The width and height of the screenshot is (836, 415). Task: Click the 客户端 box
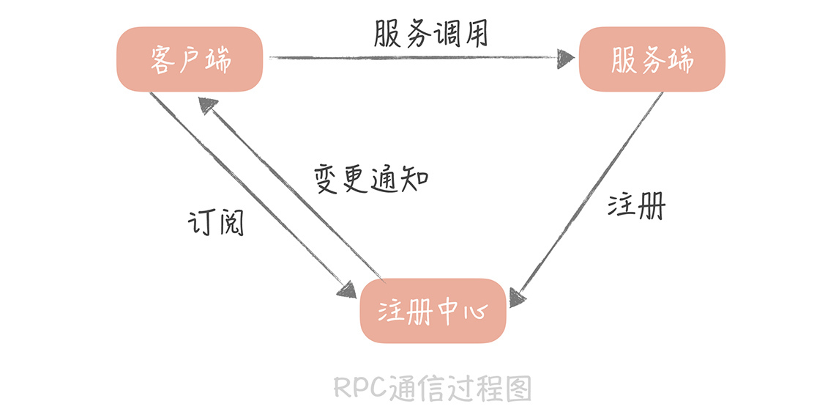[x=190, y=59]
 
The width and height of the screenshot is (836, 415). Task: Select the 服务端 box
[x=652, y=59]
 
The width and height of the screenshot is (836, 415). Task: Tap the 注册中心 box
[x=432, y=311]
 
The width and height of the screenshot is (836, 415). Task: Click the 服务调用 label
[x=430, y=33]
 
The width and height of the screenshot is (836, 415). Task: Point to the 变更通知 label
[x=371, y=178]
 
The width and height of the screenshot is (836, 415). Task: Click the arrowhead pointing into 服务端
[x=565, y=57]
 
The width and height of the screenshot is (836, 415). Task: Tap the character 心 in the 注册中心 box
[x=474, y=312]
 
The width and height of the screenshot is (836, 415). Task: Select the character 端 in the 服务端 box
[x=680, y=59]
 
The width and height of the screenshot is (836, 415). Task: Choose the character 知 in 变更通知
[x=414, y=178]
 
